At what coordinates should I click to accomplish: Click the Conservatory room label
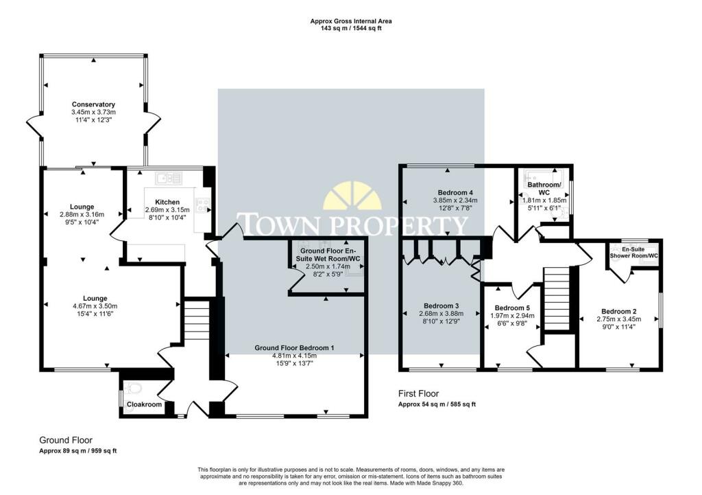(x=93, y=104)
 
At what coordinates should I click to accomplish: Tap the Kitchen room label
(x=167, y=202)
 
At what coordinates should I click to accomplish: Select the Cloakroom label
(x=145, y=405)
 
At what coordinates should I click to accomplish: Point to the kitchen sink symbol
(x=169, y=179)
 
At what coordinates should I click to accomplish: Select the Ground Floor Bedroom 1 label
(x=294, y=348)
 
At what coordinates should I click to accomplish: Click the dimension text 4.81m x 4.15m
(x=294, y=356)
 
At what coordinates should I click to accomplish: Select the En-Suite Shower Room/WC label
(x=634, y=253)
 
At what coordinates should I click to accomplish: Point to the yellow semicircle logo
(x=352, y=196)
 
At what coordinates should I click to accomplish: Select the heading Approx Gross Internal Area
(x=350, y=21)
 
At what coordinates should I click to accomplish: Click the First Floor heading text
(x=419, y=394)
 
